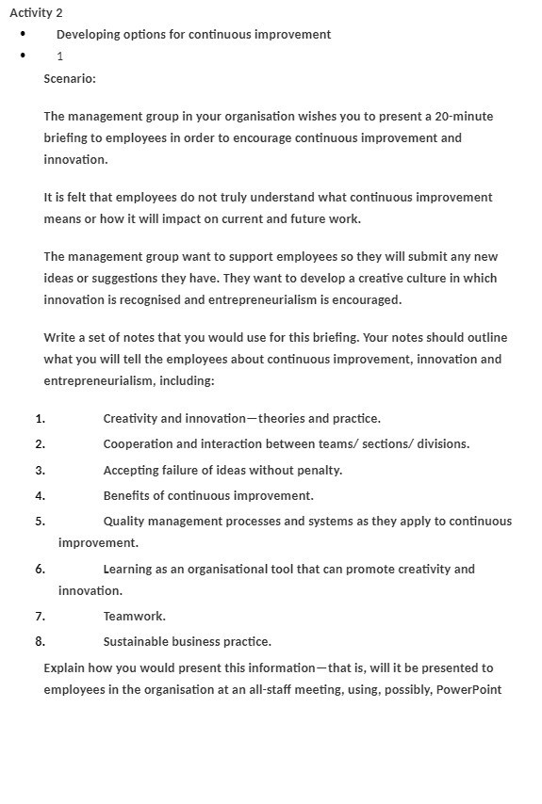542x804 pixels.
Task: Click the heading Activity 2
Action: point(36,12)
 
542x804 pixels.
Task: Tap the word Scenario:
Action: point(70,78)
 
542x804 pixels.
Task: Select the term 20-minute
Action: point(462,117)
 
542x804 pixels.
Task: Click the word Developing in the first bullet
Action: point(88,34)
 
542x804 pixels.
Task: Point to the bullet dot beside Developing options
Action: point(23,35)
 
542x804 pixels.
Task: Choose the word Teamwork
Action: point(134,617)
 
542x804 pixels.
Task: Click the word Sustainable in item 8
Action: point(137,642)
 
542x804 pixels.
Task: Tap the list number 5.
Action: point(40,522)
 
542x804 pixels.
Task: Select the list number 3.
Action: point(40,470)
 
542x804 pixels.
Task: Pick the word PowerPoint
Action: point(468,690)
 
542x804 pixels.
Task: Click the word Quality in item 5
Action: point(124,522)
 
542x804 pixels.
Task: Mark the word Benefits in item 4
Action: point(127,495)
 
